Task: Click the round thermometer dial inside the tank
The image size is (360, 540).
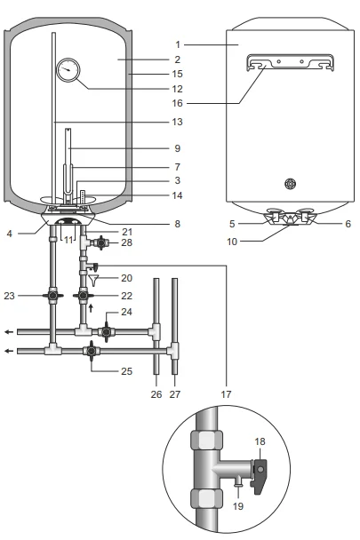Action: pos(68,70)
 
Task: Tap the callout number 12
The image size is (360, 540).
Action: pos(177,89)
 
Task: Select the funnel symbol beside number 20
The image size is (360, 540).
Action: pos(93,281)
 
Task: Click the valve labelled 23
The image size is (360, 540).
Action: pos(52,296)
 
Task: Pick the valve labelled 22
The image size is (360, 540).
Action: pos(83,296)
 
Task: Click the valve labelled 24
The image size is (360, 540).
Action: pos(106,332)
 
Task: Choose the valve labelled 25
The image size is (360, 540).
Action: pos(92,351)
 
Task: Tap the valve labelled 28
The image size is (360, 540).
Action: pos(101,242)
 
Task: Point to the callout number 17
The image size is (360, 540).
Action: pos(226,394)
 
